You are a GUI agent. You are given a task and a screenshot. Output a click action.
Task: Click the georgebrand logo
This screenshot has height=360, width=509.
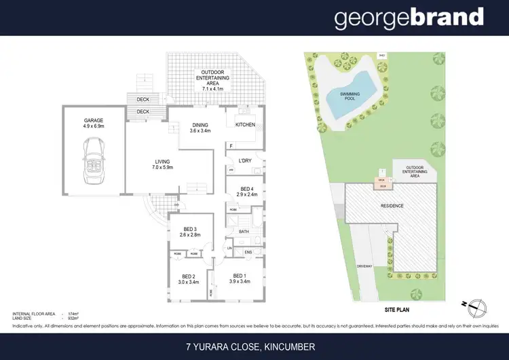click(x=409, y=18)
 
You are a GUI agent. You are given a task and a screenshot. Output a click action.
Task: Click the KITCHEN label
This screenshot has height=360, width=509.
click(x=245, y=125)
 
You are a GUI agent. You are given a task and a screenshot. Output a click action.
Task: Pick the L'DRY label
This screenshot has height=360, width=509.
click(x=245, y=161)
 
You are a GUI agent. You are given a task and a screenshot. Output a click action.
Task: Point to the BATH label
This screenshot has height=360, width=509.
click(x=244, y=232)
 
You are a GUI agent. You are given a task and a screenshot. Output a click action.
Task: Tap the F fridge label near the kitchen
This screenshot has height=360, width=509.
click(x=231, y=146)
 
